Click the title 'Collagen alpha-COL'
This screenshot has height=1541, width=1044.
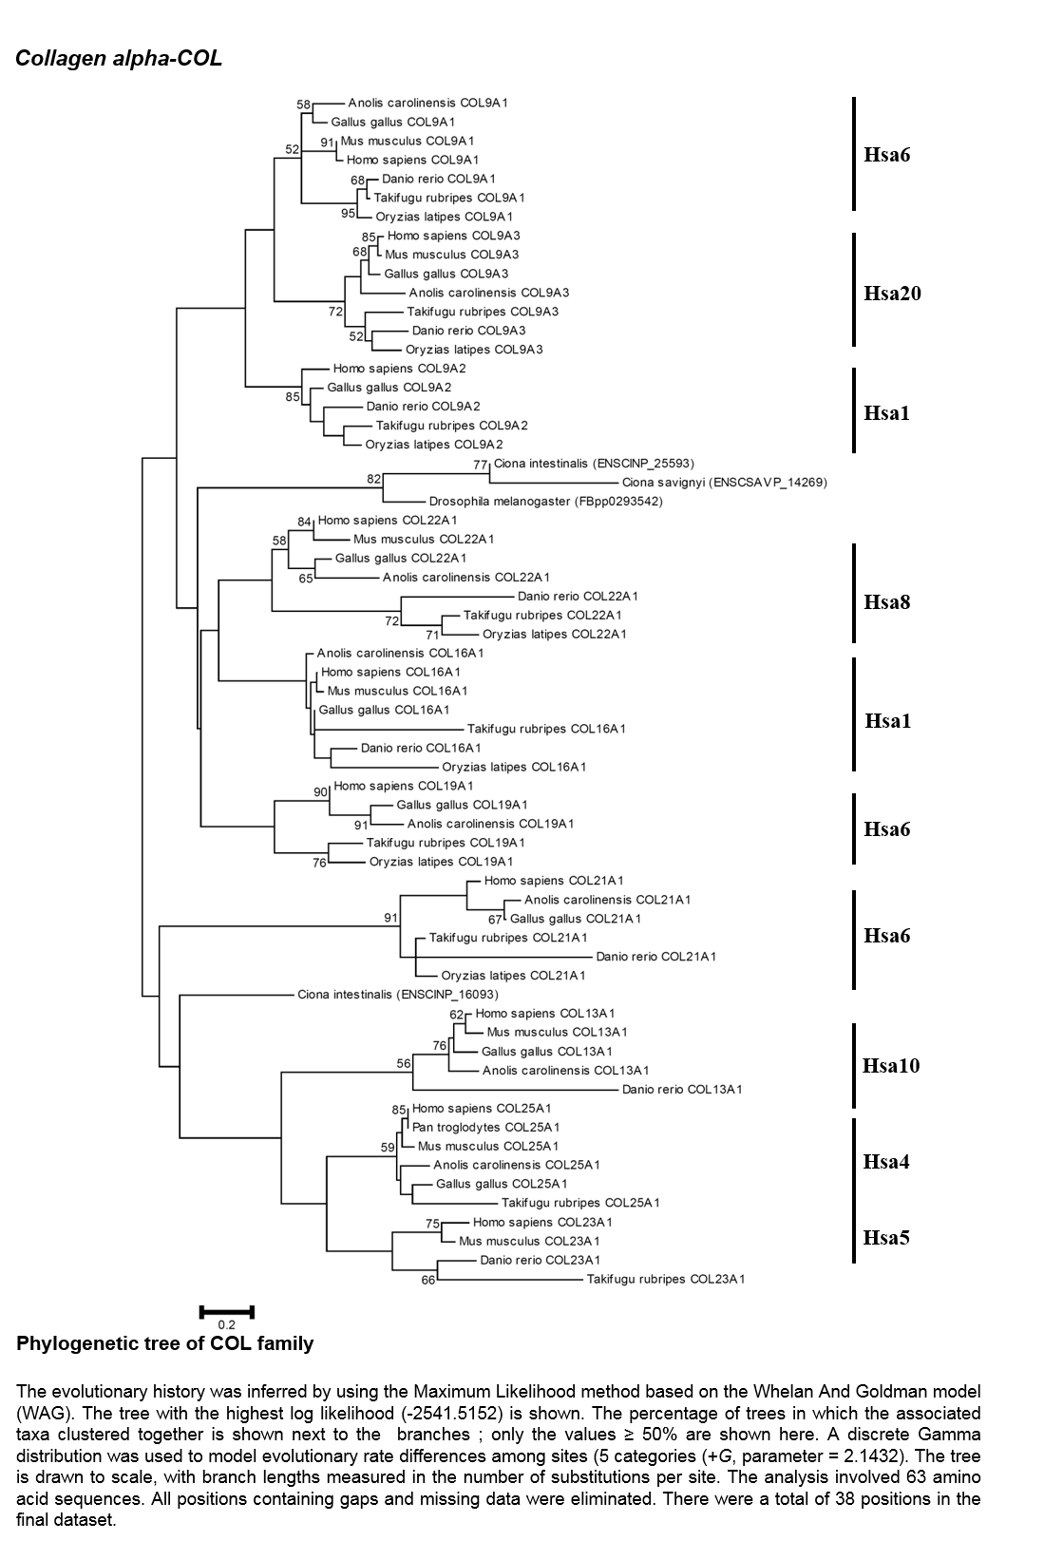pos(119,59)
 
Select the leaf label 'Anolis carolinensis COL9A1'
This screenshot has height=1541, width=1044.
pos(427,104)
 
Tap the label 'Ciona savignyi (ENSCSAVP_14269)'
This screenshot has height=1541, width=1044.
pos(724,483)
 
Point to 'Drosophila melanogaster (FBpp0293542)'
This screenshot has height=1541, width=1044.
pos(546,502)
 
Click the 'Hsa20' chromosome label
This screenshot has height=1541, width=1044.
pos(892,294)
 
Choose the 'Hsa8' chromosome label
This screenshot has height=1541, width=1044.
pos(886,602)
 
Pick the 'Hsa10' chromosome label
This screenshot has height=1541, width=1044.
pos(891,1066)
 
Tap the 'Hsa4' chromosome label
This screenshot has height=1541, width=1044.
pos(885,1162)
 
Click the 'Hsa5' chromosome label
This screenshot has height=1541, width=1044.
pos(885,1238)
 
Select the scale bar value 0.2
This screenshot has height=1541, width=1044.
pos(226,1324)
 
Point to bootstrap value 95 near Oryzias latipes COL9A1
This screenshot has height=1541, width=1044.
pos(348,213)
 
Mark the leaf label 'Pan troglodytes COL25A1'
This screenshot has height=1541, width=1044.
pos(485,1127)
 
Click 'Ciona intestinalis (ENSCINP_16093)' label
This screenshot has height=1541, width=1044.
pos(397,994)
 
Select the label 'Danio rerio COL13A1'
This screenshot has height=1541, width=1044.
pos(681,1089)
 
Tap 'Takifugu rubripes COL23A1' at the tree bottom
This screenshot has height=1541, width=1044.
pos(666,1279)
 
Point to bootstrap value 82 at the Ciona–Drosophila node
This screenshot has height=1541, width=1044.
pos(373,479)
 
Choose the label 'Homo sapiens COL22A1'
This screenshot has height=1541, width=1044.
pos(388,520)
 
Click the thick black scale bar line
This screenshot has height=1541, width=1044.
pos(227,1312)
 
